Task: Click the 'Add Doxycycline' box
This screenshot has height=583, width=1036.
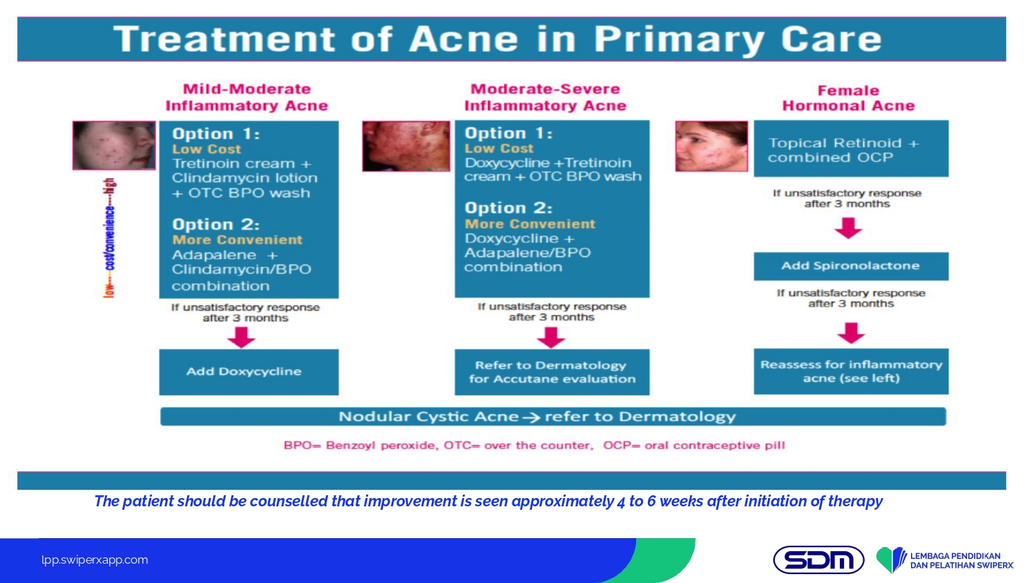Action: [x=249, y=372]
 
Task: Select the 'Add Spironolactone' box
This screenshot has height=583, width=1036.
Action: [x=851, y=266]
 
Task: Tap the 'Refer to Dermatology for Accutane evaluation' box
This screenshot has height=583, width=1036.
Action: [x=552, y=372]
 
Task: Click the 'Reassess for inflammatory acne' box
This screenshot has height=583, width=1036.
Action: [x=851, y=371]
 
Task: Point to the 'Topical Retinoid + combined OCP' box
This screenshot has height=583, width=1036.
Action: [x=851, y=149]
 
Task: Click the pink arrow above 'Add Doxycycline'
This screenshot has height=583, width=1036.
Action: [x=242, y=337]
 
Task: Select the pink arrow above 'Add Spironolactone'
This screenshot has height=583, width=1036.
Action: [x=848, y=228]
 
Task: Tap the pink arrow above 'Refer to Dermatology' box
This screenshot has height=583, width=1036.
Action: [x=551, y=337]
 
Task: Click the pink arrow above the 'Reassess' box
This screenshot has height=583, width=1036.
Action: [x=851, y=333]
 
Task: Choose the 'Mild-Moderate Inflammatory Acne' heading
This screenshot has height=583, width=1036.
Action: [x=247, y=97]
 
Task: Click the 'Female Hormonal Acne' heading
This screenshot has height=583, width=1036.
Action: [x=848, y=98]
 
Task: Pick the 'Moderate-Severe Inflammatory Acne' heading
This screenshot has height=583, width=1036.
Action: [x=546, y=97]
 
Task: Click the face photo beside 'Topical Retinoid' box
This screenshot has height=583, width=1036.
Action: [x=711, y=146]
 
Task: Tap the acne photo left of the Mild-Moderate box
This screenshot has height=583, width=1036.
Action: [x=114, y=145]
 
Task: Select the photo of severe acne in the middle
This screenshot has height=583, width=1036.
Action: [x=406, y=146]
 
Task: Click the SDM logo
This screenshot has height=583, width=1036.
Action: [x=818, y=560]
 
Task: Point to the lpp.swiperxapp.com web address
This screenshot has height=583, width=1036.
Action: [x=95, y=560]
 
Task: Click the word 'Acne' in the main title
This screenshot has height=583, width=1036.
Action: [x=463, y=39]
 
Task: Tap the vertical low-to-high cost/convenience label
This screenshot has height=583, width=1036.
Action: [x=110, y=238]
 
